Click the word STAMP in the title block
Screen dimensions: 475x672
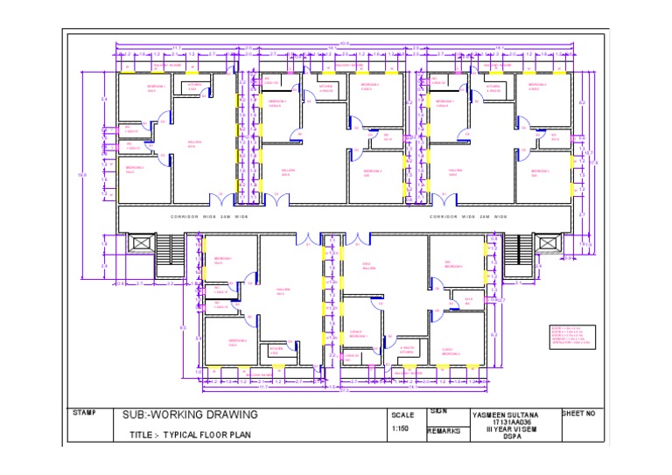click(85, 412)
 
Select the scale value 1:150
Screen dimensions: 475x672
click(402, 429)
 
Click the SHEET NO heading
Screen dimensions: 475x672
click(577, 413)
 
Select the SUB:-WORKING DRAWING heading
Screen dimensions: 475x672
click(190, 415)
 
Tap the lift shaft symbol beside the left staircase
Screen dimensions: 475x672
click(139, 243)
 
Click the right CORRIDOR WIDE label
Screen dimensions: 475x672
click(468, 216)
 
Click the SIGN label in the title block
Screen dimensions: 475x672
click(439, 410)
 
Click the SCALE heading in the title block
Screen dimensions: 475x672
click(402, 415)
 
